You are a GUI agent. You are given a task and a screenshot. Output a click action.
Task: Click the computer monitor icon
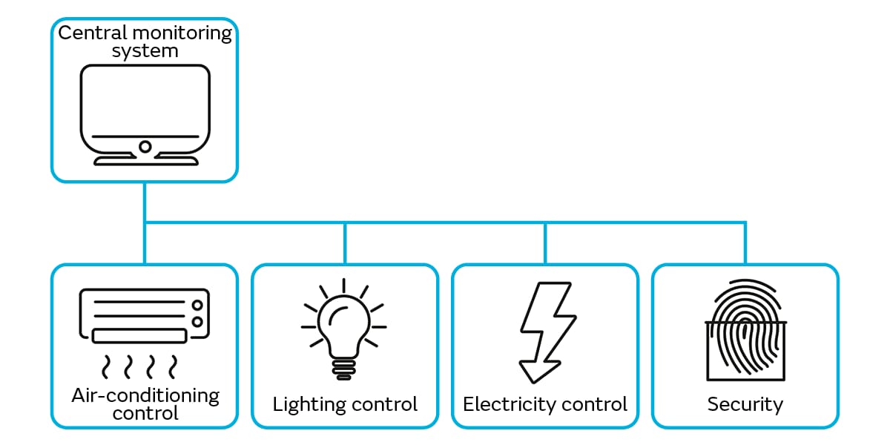click(x=145, y=111)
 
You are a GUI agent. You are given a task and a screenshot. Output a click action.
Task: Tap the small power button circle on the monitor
click(x=145, y=146)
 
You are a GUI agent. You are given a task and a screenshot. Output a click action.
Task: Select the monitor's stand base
click(x=145, y=160)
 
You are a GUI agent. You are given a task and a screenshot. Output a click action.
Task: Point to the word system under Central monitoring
click(x=145, y=51)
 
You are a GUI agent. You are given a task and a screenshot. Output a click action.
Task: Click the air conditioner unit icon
click(x=145, y=316)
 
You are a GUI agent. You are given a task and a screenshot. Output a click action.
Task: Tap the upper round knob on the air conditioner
click(x=197, y=304)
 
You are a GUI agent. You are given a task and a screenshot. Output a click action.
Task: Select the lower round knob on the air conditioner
click(x=197, y=321)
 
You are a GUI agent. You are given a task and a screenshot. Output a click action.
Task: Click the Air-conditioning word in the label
click(x=145, y=395)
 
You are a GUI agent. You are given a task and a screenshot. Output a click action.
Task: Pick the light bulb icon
click(x=344, y=326)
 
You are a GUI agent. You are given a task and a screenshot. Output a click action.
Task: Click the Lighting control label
click(x=345, y=404)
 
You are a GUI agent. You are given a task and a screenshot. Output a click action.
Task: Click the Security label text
click(x=745, y=404)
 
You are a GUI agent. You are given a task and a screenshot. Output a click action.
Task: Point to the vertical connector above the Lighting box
click(x=345, y=243)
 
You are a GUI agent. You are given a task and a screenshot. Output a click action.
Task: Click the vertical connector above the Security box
click(x=745, y=243)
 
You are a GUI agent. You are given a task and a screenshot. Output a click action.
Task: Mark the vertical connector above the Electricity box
click(x=545, y=243)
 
